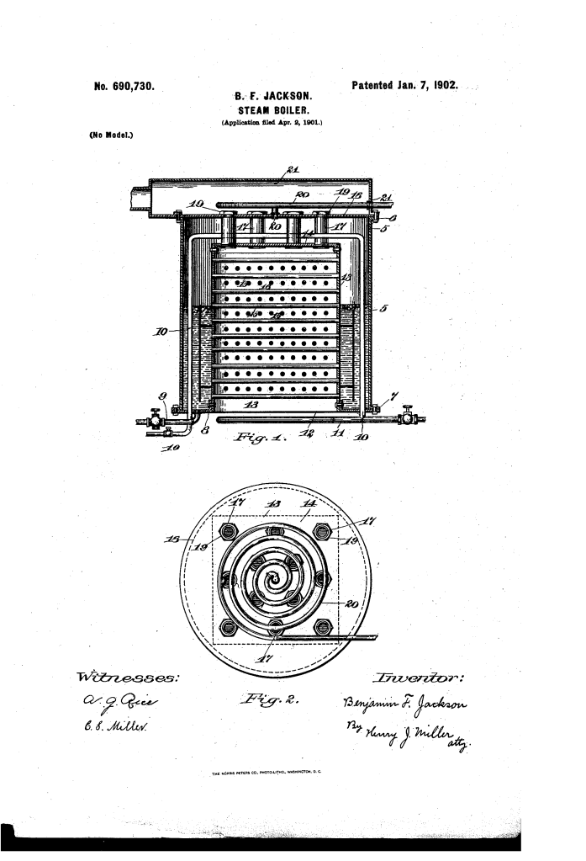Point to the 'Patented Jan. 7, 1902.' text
(x=403, y=86)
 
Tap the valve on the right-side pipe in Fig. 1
(x=408, y=417)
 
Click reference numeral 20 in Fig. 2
(x=352, y=603)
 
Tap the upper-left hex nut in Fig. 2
(x=230, y=531)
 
